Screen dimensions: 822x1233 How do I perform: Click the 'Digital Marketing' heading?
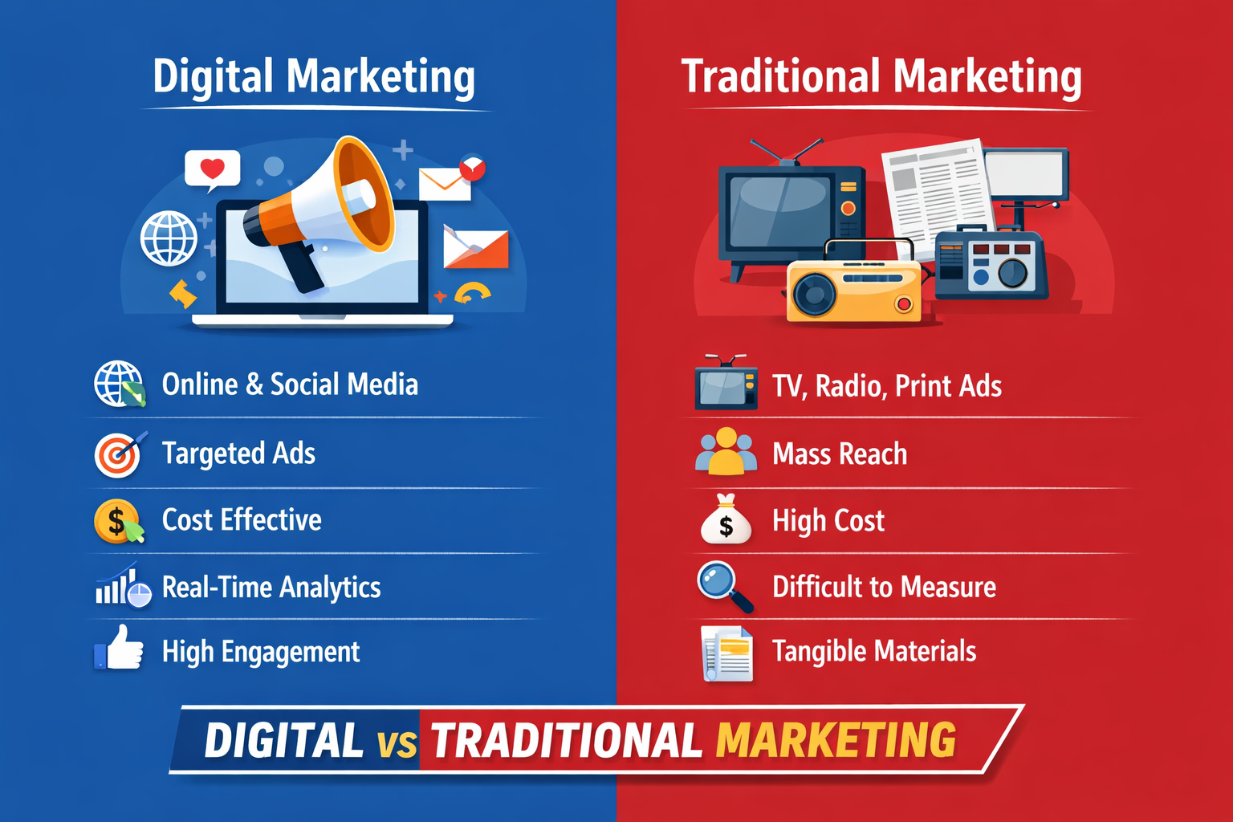(x=314, y=77)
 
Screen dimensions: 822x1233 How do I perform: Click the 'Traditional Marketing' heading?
(x=881, y=77)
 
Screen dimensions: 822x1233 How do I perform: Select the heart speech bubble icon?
(x=212, y=169)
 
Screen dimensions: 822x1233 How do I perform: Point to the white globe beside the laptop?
(x=169, y=238)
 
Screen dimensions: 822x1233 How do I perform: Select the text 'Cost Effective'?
(x=242, y=520)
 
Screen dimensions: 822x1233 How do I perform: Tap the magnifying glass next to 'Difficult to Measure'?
(x=722, y=586)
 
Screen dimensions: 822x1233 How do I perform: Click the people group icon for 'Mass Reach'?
(x=726, y=452)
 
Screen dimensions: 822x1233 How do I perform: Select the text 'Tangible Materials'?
(x=874, y=651)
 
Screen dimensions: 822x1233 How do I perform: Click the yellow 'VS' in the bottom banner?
(x=397, y=743)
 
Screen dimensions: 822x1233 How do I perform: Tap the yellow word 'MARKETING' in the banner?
(x=836, y=740)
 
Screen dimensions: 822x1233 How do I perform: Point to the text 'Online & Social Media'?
(x=290, y=385)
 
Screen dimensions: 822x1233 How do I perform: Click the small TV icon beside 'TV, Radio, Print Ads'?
(x=726, y=385)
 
